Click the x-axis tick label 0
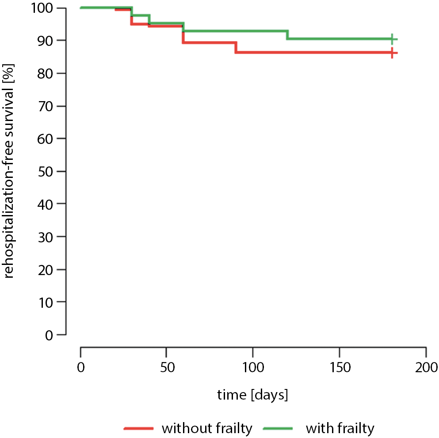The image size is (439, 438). [x=80, y=367]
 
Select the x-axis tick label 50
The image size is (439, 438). [x=166, y=367]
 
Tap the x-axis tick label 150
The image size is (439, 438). [x=339, y=367]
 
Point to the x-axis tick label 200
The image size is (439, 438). [x=425, y=367]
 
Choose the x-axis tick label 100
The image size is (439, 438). [x=252, y=367]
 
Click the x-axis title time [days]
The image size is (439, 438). [x=252, y=394]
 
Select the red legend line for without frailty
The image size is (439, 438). [x=139, y=428]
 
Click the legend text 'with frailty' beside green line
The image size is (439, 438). [x=340, y=428]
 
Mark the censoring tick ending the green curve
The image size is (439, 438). [x=392, y=39]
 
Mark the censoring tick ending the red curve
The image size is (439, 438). [x=392, y=53]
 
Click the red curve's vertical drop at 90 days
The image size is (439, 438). [x=236, y=47]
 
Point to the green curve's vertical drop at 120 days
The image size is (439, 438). [x=288, y=35]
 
